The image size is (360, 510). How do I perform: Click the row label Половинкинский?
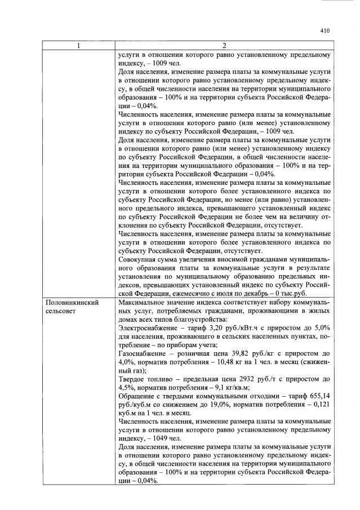[x=72, y=303]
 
